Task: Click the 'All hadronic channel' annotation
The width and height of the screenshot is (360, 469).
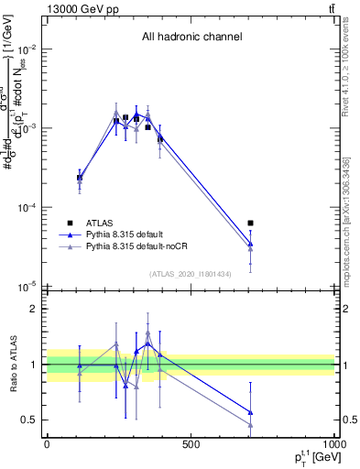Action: [x=191, y=38]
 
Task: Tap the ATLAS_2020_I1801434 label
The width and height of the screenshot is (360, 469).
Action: [x=191, y=274]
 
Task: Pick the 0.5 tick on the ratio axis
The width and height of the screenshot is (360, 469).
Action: [x=29, y=420]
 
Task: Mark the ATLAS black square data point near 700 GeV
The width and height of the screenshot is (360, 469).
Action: [x=250, y=223]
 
